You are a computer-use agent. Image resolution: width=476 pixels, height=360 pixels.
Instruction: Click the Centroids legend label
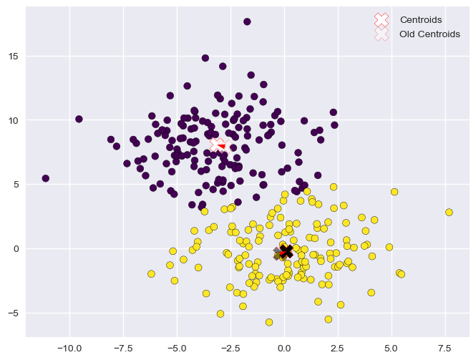421,19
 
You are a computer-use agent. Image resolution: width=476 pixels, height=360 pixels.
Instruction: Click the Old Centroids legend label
430,34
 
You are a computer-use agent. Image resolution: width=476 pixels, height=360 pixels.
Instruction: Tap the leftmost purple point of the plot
46,178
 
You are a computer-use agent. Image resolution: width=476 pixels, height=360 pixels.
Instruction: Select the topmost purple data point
247,21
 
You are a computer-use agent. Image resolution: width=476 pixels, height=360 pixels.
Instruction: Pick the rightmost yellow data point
449,213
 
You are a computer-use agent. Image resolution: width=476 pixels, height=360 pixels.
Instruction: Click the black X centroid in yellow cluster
286,251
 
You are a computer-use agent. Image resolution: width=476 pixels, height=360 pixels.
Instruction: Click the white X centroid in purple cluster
216,145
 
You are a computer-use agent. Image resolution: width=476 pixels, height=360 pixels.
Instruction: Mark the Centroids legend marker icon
382,19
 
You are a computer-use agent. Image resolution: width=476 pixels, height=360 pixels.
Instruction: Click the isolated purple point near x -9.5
79,119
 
